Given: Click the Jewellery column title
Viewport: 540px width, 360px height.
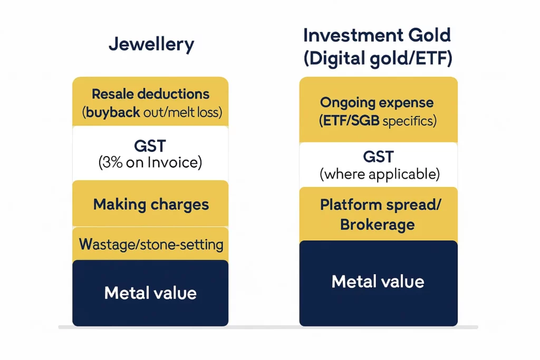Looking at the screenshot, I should (x=151, y=44).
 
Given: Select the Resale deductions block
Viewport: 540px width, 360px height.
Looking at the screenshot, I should (x=150, y=102).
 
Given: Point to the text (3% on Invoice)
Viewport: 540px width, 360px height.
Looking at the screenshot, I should (x=150, y=163).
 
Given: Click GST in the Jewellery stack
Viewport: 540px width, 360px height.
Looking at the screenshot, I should (x=150, y=145).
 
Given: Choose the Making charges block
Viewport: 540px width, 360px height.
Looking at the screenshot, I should (x=150, y=204).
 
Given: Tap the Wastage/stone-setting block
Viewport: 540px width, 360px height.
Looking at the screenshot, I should (x=150, y=244).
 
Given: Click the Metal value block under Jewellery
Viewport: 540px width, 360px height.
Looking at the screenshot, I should (x=150, y=293).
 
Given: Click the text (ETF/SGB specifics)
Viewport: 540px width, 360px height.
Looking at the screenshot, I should (x=378, y=121).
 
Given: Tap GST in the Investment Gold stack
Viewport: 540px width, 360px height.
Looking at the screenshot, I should (x=378, y=157).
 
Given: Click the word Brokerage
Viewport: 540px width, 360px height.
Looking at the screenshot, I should (x=378, y=225).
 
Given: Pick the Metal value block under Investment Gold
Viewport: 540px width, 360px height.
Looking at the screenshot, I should (x=378, y=282).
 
